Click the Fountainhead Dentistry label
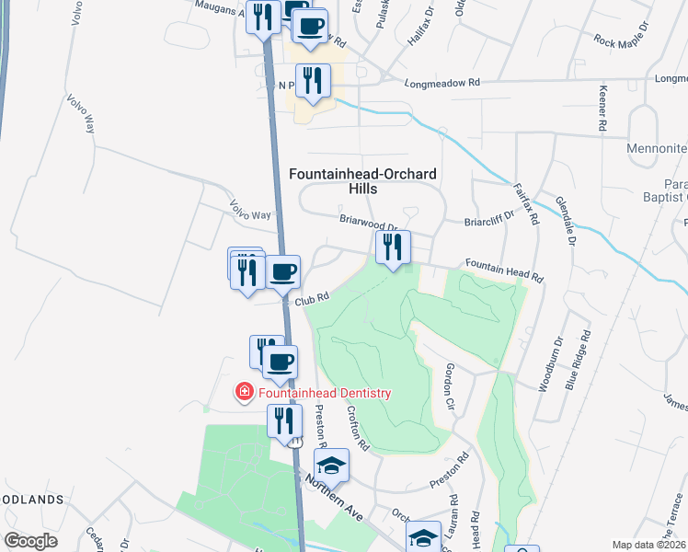(x=325, y=393)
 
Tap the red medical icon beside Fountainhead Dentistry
(x=245, y=393)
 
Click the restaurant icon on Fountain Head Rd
(x=392, y=247)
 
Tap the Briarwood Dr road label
(x=367, y=223)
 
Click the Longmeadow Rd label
(x=443, y=82)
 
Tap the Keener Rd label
(x=603, y=107)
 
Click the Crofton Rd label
(x=358, y=430)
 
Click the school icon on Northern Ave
(x=332, y=465)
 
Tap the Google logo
(x=30, y=541)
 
